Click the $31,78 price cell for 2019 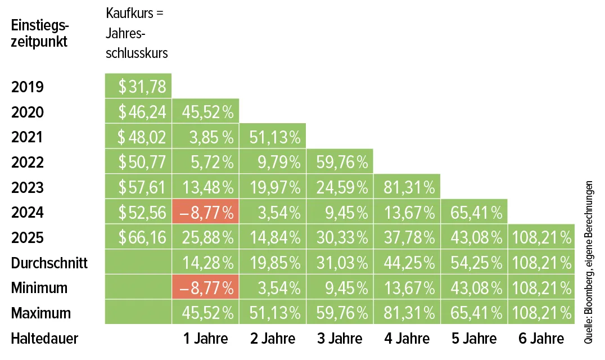tap(138, 87)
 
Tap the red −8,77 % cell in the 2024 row tap(206, 213)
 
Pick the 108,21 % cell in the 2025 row tap(541, 237)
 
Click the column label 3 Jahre tap(340, 339)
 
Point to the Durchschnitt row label tap(49, 263)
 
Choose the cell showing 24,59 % tap(340, 187)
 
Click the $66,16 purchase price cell tap(138, 237)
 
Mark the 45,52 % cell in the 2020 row tap(206, 112)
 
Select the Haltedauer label tap(44, 339)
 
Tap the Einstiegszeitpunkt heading tap(39, 34)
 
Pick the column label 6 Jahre tap(541, 339)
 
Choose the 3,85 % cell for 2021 tap(206, 137)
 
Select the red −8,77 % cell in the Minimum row tap(206, 288)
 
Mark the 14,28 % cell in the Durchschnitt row tap(206, 263)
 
